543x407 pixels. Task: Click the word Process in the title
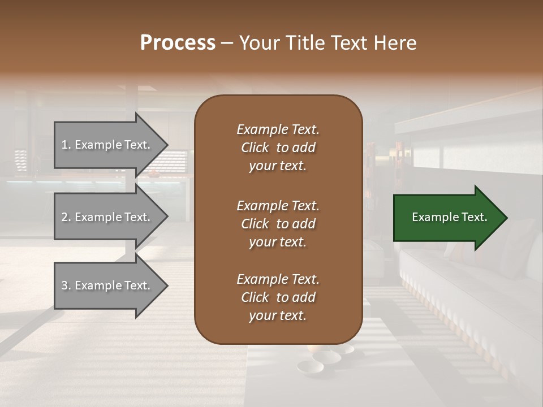click(178, 43)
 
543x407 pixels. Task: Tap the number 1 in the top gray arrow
click(64, 145)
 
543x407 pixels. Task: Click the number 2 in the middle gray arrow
click(64, 217)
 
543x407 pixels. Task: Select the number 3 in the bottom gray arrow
click(64, 285)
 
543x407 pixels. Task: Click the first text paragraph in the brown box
click(278, 148)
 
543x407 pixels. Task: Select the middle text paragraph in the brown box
click(278, 223)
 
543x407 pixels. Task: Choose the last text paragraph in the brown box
click(278, 297)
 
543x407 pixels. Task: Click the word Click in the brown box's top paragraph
click(255, 148)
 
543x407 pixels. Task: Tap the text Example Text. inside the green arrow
click(450, 217)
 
